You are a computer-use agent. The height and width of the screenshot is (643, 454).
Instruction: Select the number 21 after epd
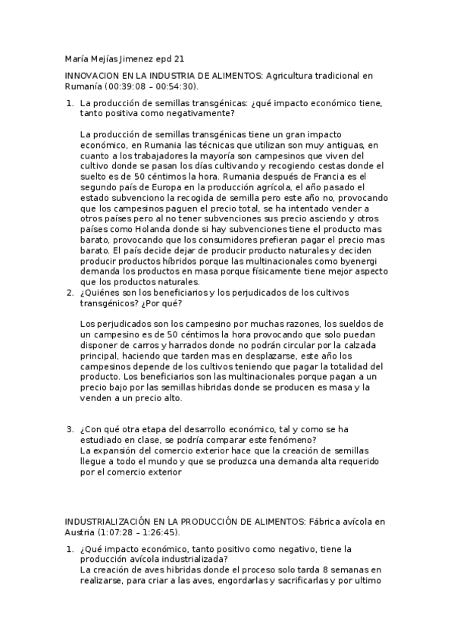point(180,58)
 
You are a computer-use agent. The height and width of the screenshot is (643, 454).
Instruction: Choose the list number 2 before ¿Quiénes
point(69,293)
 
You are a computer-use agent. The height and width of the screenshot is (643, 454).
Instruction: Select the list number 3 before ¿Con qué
point(69,429)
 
